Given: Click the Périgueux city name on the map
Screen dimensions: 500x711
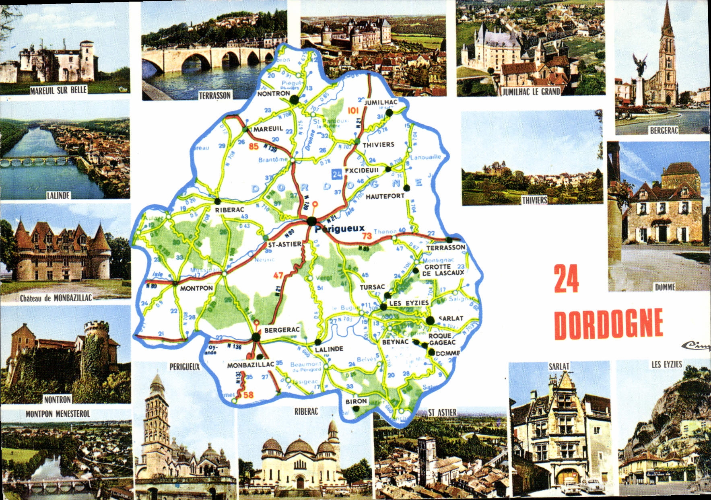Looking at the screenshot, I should tap(340, 229).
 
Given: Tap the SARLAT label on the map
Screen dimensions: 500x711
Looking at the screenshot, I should tap(451, 318).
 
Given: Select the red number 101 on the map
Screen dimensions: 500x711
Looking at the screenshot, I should tap(353, 110).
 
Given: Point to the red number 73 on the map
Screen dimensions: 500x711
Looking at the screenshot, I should tap(367, 236).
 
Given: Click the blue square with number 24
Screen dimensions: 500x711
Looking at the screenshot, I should tap(337, 174).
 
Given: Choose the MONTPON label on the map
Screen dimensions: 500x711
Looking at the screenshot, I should tap(196, 288).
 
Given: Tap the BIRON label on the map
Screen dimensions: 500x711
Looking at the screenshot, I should tap(356, 401).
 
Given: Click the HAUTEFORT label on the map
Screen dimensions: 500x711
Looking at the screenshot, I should tap(385, 196).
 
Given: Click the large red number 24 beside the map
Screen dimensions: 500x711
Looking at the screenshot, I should tap(567, 279).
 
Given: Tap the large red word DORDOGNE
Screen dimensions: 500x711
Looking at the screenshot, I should tap(608, 324).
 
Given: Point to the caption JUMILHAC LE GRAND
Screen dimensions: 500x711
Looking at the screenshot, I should tap(531, 92).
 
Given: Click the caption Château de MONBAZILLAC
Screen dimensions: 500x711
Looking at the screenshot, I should tap(56, 298).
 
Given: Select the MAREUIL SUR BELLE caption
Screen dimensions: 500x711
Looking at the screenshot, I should tap(58, 90).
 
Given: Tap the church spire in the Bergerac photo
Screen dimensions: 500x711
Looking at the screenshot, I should tap(667, 20).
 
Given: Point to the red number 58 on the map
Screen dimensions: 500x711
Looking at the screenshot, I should tap(248, 395).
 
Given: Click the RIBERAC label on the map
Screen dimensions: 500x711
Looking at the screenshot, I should tap(229, 210).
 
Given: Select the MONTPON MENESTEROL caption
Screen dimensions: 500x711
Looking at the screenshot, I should tap(58, 414).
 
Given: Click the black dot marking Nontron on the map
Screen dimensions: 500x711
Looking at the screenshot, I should tap(295, 99).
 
